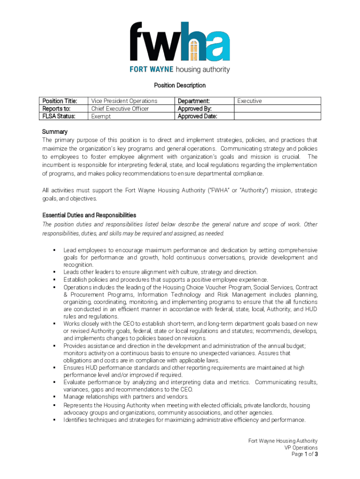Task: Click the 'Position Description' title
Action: point(180,85)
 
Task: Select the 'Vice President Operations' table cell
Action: point(124,101)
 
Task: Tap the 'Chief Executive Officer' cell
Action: point(120,109)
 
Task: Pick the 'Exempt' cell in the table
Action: point(101,116)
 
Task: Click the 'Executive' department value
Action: point(250,101)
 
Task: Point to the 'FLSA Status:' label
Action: point(59,116)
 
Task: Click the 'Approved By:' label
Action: point(194,109)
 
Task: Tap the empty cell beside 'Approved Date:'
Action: point(277,116)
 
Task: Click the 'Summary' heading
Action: point(55,132)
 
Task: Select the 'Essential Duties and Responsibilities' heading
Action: point(89,215)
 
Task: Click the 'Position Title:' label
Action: point(59,101)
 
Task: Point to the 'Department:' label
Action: point(194,101)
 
